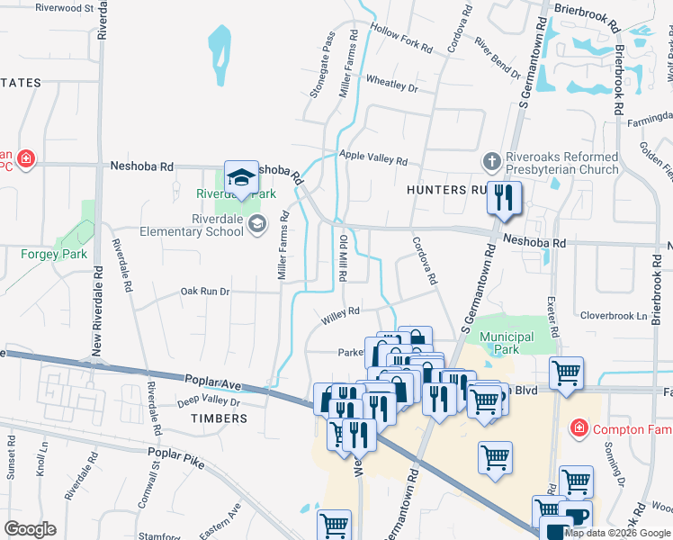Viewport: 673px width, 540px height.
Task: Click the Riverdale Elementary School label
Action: (192, 225)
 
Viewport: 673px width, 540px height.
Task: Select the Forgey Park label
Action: (55, 254)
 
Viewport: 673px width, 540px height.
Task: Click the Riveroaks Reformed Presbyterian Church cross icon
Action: (491, 163)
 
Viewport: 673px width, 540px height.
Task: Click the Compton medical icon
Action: (579, 429)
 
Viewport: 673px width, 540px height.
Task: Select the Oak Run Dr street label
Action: (205, 292)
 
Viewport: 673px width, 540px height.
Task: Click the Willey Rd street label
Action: (341, 312)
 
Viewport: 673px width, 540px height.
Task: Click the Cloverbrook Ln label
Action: (614, 317)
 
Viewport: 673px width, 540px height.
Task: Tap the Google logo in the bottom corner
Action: (30, 529)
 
